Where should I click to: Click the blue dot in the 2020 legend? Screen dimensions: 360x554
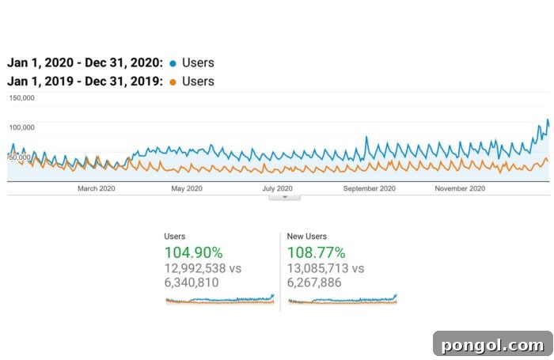(173, 63)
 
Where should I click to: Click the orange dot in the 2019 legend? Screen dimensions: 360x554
(173, 81)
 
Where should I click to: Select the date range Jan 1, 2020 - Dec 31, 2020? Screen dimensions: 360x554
(85, 63)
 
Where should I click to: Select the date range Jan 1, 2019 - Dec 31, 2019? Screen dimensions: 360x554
(85, 81)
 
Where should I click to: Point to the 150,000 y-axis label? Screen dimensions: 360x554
(21, 98)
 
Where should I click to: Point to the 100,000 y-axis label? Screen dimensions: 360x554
(21, 127)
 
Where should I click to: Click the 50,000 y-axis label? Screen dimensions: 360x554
(20, 157)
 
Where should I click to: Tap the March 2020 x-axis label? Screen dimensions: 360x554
(97, 188)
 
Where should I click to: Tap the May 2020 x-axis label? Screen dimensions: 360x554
(187, 188)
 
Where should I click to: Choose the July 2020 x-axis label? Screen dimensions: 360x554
(277, 188)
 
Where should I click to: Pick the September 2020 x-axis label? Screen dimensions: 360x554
(369, 188)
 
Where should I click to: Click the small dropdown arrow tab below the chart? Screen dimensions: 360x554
(284, 197)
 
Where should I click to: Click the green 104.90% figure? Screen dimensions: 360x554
(193, 253)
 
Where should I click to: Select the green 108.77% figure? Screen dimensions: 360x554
(317, 253)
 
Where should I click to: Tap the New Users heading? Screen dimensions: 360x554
(307, 236)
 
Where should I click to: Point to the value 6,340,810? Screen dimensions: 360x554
(192, 282)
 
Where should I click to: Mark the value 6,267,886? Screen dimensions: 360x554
(314, 282)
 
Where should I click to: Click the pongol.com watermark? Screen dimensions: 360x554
(492, 344)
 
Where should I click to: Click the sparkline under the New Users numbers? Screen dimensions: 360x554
(342, 300)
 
